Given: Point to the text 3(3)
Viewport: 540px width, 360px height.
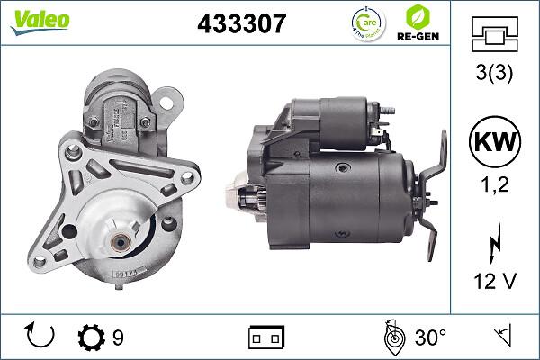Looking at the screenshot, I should click(x=494, y=76).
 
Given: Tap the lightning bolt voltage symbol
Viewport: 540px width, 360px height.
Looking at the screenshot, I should click(x=494, y=243).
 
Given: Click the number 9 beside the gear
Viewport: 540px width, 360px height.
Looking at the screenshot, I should click(x=118, y=337).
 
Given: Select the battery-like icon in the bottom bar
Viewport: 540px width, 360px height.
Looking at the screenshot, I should click(x=266, y=337).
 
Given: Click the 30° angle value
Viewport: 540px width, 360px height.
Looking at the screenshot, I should click(x=431, y=337).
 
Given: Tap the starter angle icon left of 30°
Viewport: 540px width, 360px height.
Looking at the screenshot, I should click(x=392, y=337).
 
